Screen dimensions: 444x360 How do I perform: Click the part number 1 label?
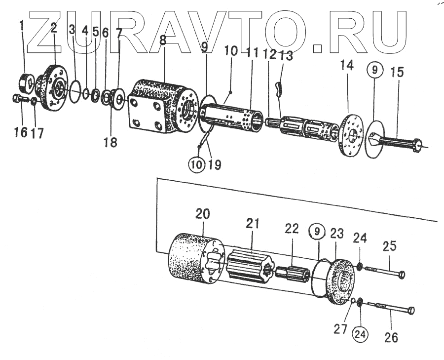(x=22, y=26)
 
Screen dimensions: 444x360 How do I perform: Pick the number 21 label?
(x=253, y=223)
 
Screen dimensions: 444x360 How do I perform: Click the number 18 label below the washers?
(x=111, y=143)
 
